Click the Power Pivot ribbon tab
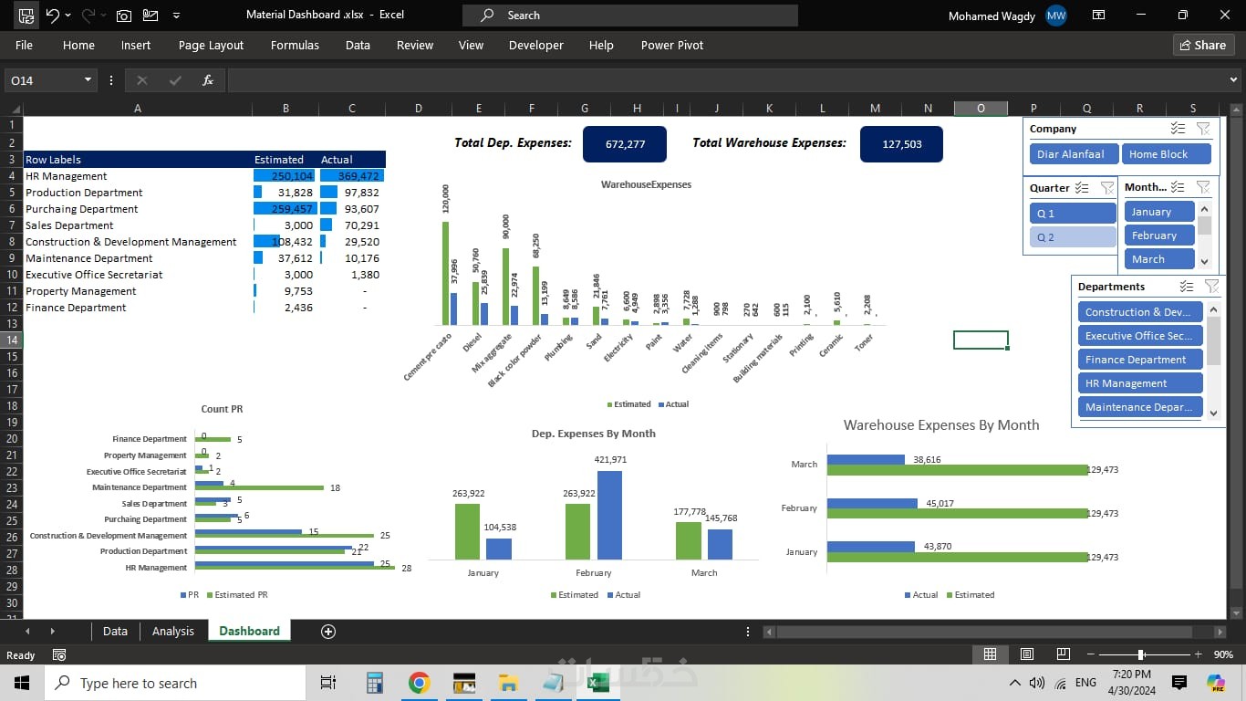(x=671, y=45)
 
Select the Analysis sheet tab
(x=172, y=631)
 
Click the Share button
(x=1202, y=45)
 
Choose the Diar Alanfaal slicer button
(x=1070, y=154)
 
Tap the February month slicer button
(x=1158, y=235)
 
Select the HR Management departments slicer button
(x=1139, y=383)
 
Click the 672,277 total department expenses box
(x=624, y=144)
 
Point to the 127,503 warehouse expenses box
(x=901, y=144)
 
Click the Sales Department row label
(x=69, y=225)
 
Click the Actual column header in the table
(x=337, y=160)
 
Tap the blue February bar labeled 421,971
(x=609, y=515)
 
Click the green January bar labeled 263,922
(x=467, y=531)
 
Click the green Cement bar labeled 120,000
(x=445, y=273)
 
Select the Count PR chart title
(x=222, y=409)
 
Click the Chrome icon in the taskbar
(x=419, y=683)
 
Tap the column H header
(x=637, y=109)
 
